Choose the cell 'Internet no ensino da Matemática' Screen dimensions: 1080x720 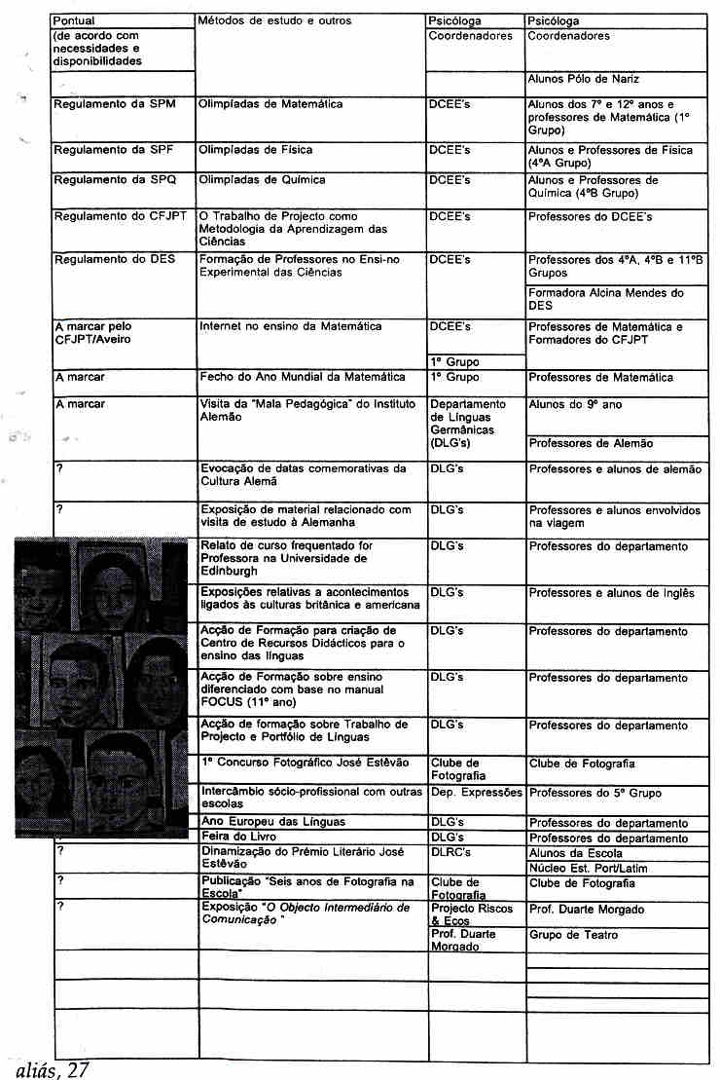click(x=291, y=327)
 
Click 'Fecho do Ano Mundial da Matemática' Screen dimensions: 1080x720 click(x=303, y=377)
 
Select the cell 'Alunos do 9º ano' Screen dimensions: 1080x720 click(x=573, y=404)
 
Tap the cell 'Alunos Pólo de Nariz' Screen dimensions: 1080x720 click(x=583, y=79)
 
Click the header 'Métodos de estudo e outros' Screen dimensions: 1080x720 click(x=274, y=20)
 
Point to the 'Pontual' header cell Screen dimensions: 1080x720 click(x=74, y=20)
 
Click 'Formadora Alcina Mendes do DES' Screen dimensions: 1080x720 click(x=605, y=298)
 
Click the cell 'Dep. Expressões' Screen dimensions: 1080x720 click(x=476, y=793)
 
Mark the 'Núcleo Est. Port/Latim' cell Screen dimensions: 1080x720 click(x=587, y=868)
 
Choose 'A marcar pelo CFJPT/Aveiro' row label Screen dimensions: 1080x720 click(x=93, y=333)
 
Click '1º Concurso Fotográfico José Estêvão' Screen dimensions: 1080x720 click(x=305, y=763)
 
